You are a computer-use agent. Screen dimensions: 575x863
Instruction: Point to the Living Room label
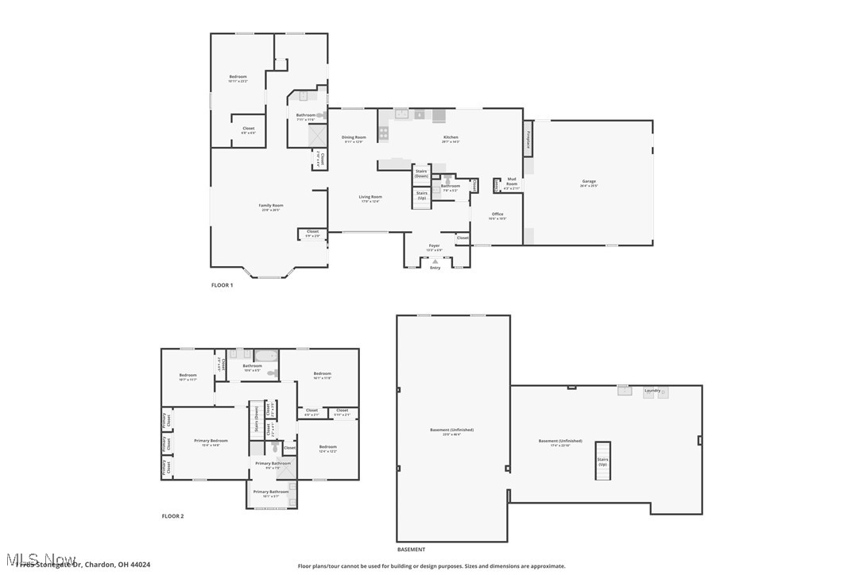coord(370,198)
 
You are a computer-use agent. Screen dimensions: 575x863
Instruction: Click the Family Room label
coord(271,206)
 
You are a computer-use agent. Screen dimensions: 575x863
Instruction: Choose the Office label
coord(497,215)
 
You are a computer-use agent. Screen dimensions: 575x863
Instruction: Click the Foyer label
coord(434,247)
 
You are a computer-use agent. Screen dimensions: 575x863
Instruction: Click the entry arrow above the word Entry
coord(435,260)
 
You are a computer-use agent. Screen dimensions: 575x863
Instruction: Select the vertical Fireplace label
coord(528,138)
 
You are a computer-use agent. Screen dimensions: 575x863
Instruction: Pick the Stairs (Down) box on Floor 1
coord(421,173)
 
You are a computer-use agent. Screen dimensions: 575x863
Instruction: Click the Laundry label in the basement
coord(652,391)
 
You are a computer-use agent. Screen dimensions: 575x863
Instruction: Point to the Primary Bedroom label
coord(211,442)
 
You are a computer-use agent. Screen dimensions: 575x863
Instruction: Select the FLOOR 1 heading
coord(222,285)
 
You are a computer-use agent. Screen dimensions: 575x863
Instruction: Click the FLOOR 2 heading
coord(172,516)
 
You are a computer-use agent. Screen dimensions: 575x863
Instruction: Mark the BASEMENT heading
coord(411,550)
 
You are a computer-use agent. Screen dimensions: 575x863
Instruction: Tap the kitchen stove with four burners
coord(384,133)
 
